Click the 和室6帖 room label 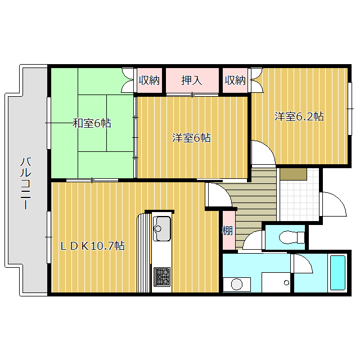click(x=92, y=123)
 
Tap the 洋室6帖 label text click(x=191, y=137)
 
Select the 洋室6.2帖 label click(x=299, y=116)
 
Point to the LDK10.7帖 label click(x=93, y=245)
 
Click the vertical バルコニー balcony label click(x=25, y=183)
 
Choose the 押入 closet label click(x=191, y=80)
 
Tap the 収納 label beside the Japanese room click(x=150, y=80)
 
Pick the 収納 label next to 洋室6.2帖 click(x=236, y=80)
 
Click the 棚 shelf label click(x=228, y=230)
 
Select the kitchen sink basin click(x=162, y=228)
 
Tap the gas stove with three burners click(x=162, y=277)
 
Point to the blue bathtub click(x=337, y=273)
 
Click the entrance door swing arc click(x=332, y=204)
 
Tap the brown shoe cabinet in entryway click(x=292, y=174)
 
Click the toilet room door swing click(x=254, y=240)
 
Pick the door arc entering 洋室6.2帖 click(x=262, y=153)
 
